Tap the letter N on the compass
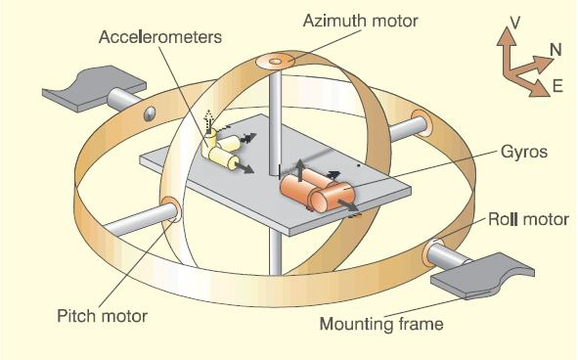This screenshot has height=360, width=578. click(x=554, y=48)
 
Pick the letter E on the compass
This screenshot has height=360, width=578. click(x=557, y=86)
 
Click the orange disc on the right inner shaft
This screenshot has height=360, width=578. click(x=422, y=123)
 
